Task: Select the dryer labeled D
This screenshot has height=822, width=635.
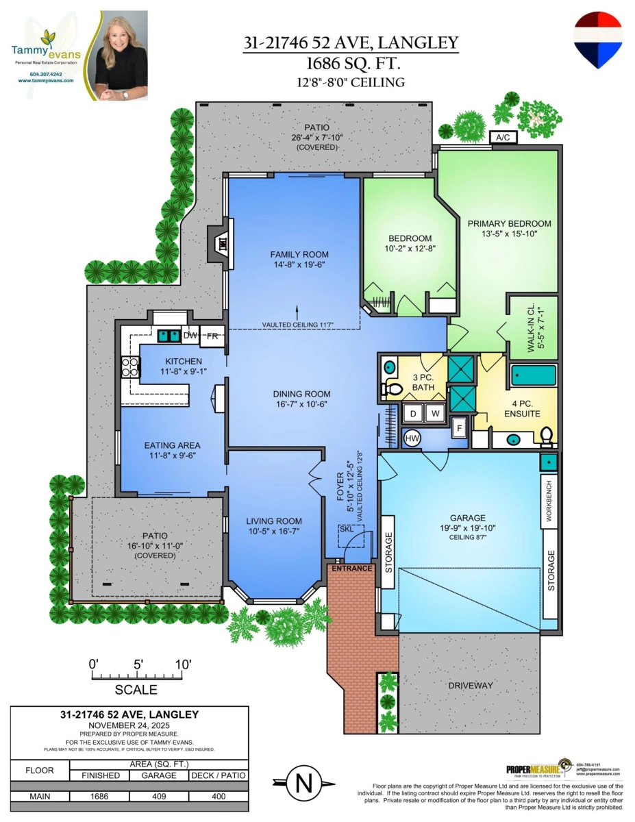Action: tap(413, 414)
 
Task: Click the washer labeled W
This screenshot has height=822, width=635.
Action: tap(434, 414)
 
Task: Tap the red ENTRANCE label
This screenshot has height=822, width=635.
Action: tap(350, 569)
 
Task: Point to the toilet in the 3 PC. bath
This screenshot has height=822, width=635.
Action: tap(393, 390)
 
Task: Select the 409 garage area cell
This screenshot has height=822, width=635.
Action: tap(158, 797)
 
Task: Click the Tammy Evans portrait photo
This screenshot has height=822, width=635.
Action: tap(121, 56)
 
